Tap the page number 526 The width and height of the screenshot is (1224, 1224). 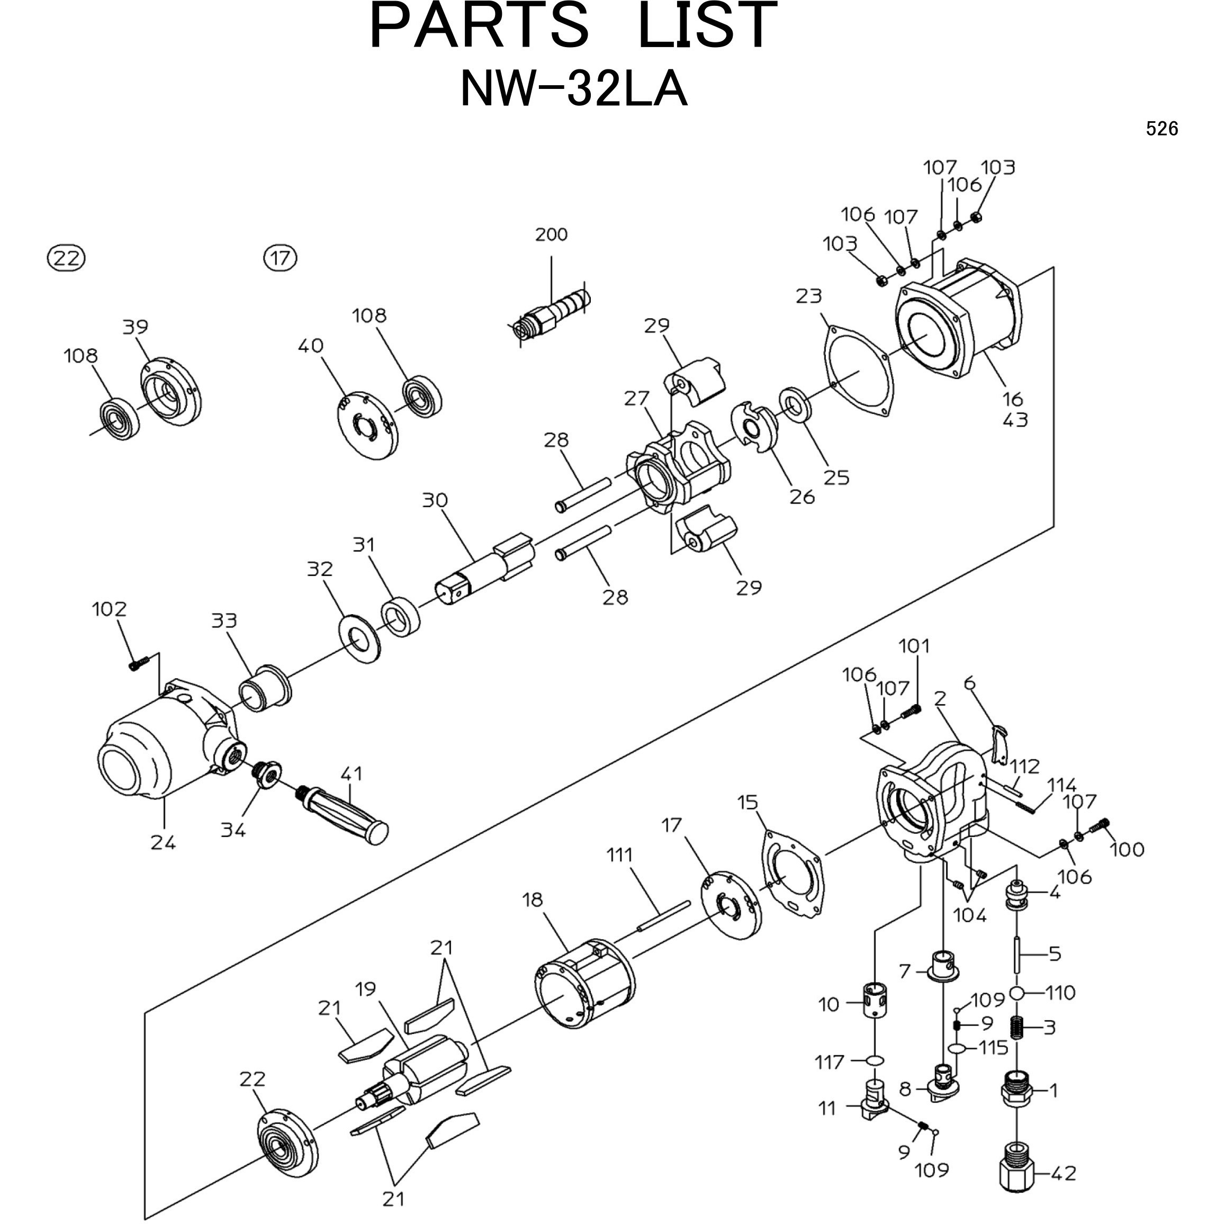pyautogui.click(x=1162, y=129)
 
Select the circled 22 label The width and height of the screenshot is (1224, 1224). pyautogui.click(x=67, y=258)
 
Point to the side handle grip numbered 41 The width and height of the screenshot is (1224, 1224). pyautogui.click(x=345, y=813)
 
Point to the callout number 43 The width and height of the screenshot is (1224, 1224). pyautogui.click(x=1015, y=420)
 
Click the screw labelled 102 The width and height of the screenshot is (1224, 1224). pyautogui.click(x=138, y=663)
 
